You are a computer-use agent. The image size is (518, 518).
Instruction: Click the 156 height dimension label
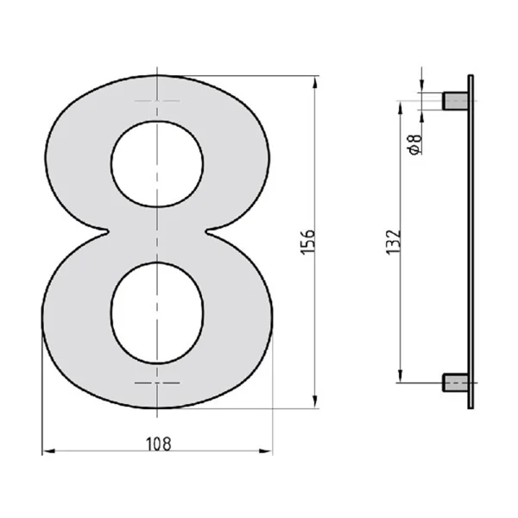click(307, 242)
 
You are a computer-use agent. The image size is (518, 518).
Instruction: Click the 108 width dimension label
click(159, 445)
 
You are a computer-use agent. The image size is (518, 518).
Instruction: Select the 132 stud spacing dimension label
click(394, 242)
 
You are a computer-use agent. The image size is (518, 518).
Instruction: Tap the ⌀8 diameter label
click(415, 144)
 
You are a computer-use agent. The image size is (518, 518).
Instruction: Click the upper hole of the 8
click(157, 164)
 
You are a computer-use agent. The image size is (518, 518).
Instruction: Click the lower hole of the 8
click(157, 313)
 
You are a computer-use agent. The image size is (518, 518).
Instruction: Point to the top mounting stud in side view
click(455, 101)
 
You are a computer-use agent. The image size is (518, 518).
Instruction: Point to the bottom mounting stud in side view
click(455, 382)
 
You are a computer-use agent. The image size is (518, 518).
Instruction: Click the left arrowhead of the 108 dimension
click(49, 451)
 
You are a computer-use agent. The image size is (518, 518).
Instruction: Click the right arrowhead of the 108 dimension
click(266, 451)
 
